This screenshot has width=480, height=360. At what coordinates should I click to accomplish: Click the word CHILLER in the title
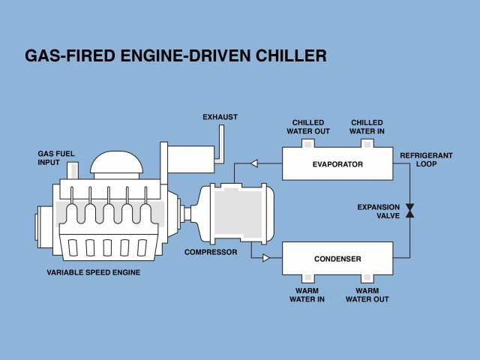pos(291,55)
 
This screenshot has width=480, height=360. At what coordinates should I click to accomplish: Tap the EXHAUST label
pos(220,117)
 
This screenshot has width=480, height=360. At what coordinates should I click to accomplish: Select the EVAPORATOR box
pos(337,163)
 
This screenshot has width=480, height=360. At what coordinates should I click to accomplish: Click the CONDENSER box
pos(337,258)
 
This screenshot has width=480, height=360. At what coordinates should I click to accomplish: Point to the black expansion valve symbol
pos(410,211)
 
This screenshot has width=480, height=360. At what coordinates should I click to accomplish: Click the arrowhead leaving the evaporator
pos(254,163)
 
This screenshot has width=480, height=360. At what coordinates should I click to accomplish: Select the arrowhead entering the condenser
pos(265,258)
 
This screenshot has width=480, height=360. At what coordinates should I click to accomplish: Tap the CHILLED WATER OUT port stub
pos(308,143)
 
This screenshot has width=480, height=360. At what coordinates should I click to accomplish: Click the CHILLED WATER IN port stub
pos(367,143)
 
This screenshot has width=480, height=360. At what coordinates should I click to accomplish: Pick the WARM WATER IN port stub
pos(308,278)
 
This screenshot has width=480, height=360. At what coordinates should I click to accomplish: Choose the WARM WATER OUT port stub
pos(367,278)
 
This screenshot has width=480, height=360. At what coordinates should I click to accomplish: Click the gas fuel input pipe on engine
pos(73,170)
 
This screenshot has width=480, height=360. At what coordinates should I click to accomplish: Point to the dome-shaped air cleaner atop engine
pos(117,165)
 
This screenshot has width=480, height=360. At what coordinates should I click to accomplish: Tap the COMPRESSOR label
pos(211,252)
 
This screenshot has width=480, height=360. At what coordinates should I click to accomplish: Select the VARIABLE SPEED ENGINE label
pos(94,272)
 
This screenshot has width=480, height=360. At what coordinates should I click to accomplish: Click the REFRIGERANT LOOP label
pos(426,160)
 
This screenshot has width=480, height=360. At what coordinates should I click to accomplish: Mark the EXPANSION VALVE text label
pos(379,211)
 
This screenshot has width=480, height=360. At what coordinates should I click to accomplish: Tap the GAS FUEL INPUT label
pos(56,158)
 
